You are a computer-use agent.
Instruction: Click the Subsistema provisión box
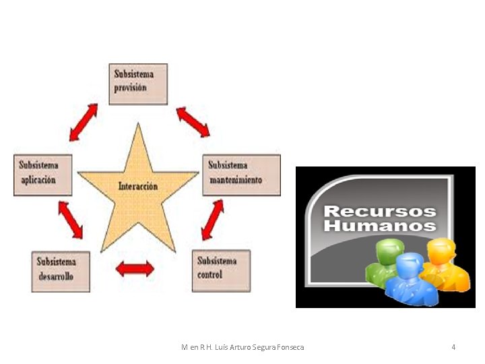tap(138, 84)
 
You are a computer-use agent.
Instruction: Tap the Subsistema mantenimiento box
tap(241, 175)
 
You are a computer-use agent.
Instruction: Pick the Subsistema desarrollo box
tap(61, 271)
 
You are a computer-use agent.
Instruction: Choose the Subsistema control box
tap(221, 270)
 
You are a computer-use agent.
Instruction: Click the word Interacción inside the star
tap(138, 186)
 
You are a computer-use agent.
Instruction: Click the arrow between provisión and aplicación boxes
tap(84, 121)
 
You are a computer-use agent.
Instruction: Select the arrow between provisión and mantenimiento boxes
tap(193, 121)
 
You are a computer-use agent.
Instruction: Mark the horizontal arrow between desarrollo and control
tap(135, 269)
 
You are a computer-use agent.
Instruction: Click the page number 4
tap(453, 347)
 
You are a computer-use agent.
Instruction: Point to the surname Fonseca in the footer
tap(290, 347)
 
